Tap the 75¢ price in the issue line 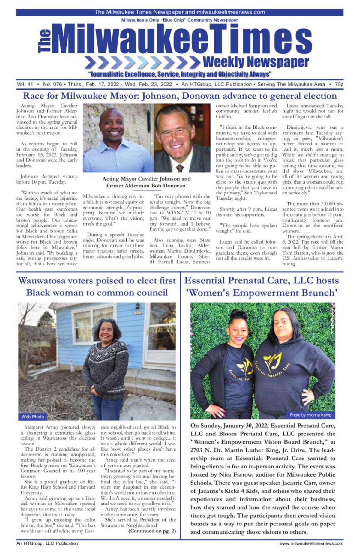[339, 85]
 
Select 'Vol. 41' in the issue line [25, 85]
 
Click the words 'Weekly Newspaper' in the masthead [256, 62]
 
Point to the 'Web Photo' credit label [33, 417]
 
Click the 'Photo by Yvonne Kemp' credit [310, 415]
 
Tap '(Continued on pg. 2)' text [152, 531]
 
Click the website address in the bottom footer [311, 543]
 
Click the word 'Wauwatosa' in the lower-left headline [42, 281]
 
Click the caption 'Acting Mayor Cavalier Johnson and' [146, 179]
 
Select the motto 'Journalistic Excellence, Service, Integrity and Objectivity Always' [180, 74]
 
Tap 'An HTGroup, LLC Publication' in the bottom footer [47, 543]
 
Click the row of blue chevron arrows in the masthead [142, 62]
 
